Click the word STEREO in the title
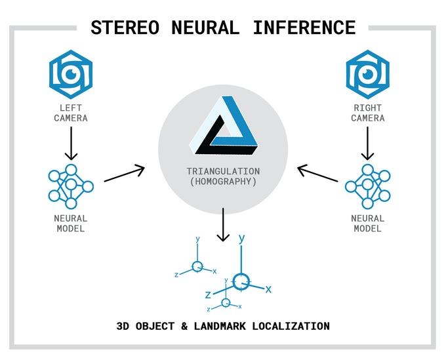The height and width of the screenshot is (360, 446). click(124, 28)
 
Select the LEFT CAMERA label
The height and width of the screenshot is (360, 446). click(71, 112)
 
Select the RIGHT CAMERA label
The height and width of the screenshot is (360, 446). click(367, 112)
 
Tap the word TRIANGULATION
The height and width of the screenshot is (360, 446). click(223, 170)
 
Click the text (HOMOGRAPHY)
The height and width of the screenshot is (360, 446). click(223, 182)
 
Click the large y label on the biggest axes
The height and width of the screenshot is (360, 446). click(242, 239)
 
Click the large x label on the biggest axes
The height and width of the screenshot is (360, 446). click(268, 289)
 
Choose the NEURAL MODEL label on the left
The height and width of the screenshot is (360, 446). click(71, 223)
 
